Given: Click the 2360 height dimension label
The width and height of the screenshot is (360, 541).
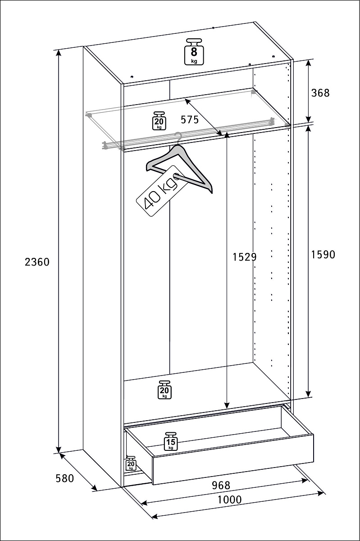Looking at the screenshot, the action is tap(37, 262).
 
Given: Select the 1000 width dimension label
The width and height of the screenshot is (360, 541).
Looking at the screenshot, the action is tap(230, 500).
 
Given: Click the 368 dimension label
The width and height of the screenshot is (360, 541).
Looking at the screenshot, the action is tap(320, 93).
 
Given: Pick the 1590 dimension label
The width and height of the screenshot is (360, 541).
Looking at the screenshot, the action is tap(323, 255).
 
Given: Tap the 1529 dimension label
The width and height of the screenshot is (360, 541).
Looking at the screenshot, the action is tap(244, 257).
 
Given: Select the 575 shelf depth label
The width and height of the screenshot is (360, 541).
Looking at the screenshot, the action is tap(190, 119).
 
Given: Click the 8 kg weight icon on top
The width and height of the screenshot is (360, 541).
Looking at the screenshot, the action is tap(194, 52).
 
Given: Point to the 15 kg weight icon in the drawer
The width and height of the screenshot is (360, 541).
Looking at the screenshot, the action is tap(171, 441).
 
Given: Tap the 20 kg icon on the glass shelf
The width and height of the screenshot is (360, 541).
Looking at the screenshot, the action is tap(159, 121).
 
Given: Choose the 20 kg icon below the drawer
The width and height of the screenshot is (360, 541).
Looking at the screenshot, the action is tap(131, 463).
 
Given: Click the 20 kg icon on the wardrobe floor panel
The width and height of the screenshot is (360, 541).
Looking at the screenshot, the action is tap(164, 390).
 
